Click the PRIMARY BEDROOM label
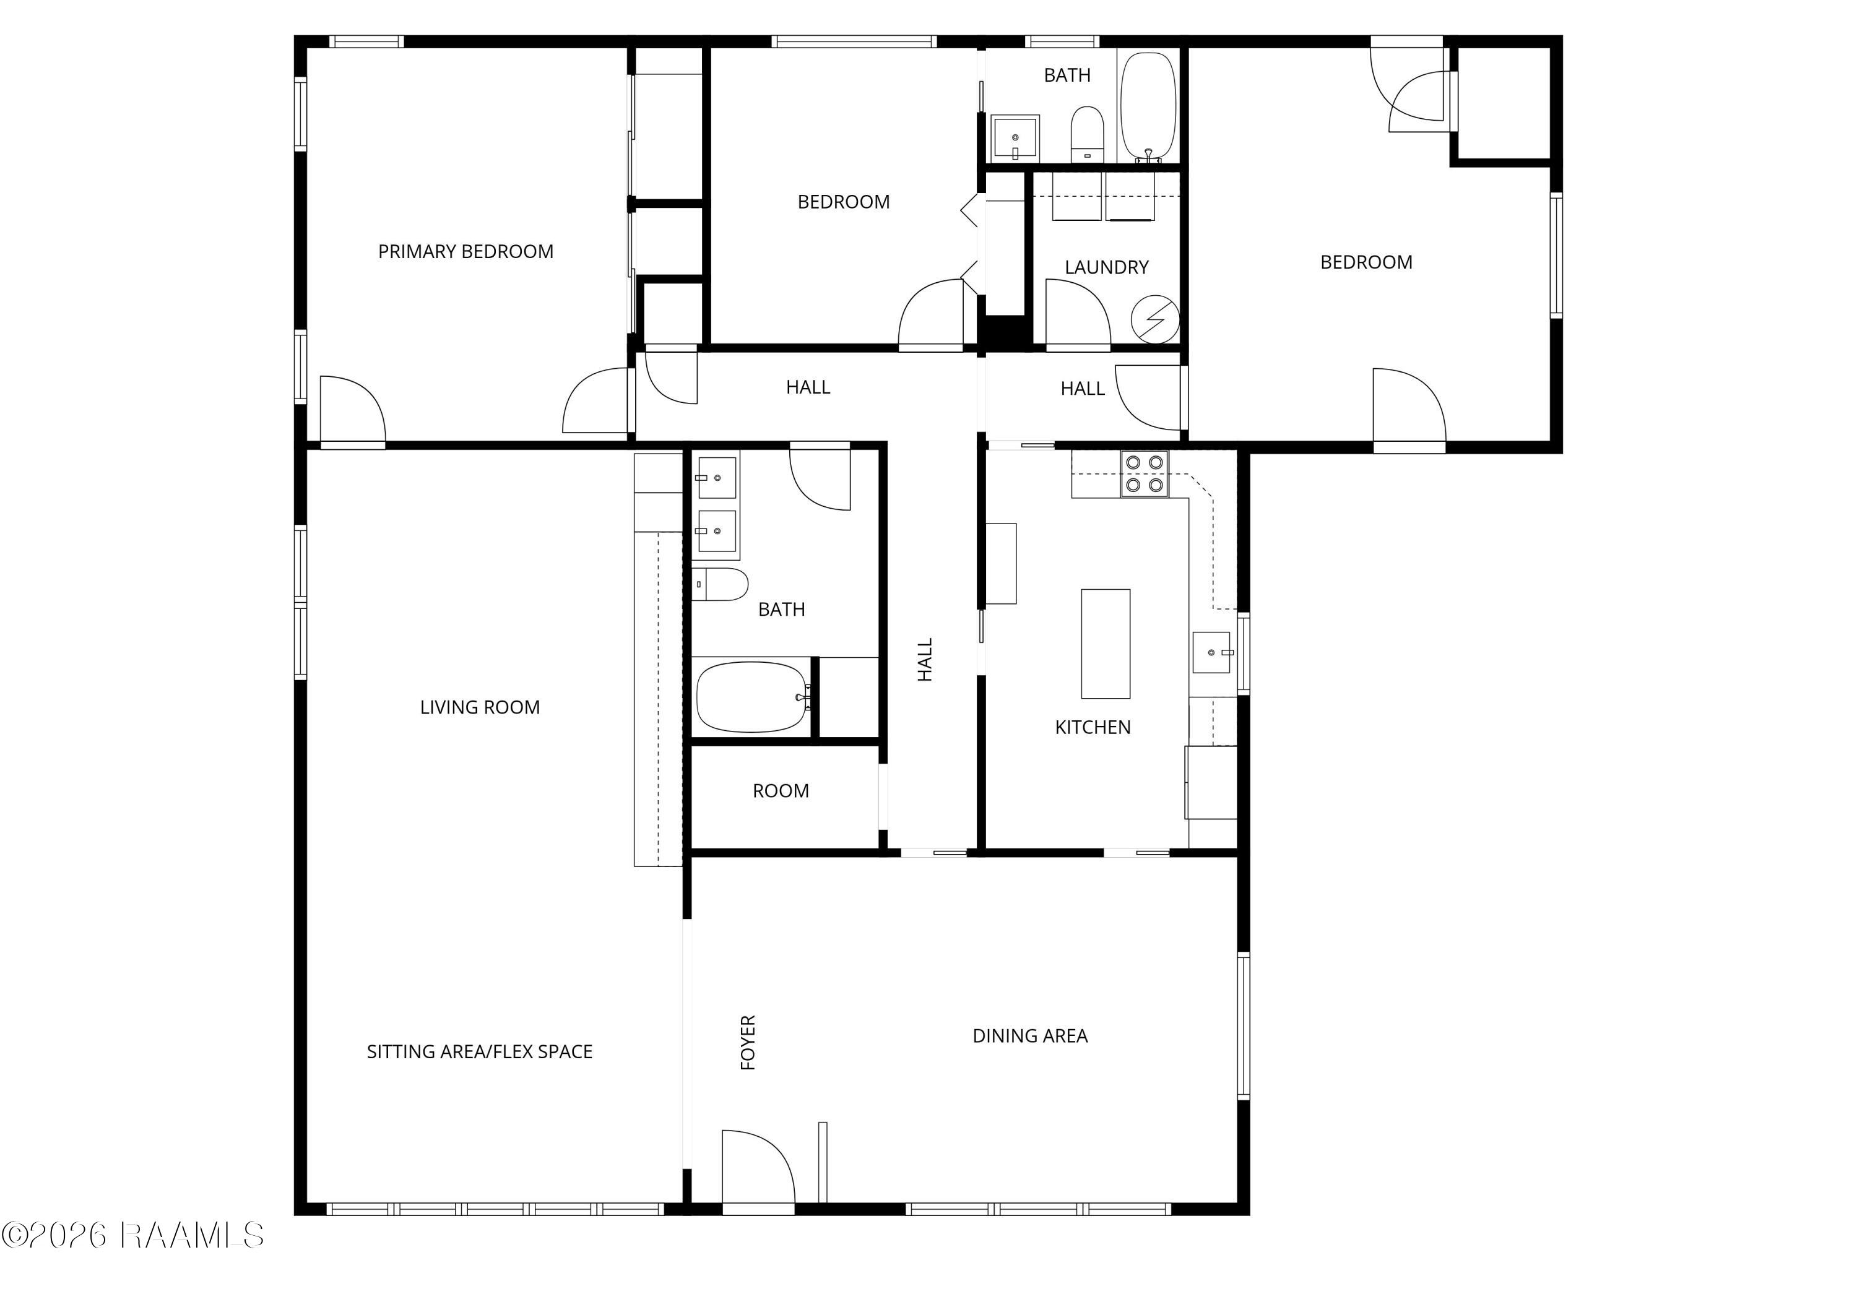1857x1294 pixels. (466, 251)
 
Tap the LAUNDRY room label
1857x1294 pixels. (1106, 267)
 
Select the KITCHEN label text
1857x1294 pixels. (1093, 727)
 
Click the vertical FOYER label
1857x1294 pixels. (748, 1043)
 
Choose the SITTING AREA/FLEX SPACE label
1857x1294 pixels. (480, 1051)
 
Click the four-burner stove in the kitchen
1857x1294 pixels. (1145, 473)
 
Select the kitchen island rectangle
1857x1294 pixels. (1106, 644)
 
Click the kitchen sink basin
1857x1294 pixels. (1211, 652)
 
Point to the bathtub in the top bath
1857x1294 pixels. (1148, 108)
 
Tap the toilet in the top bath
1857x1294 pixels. (1087, 134)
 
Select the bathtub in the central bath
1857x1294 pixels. (752, 697)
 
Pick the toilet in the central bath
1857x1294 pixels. (720, 584)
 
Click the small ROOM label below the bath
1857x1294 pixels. (781, 791)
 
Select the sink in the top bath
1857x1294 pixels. (1015, 137)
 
